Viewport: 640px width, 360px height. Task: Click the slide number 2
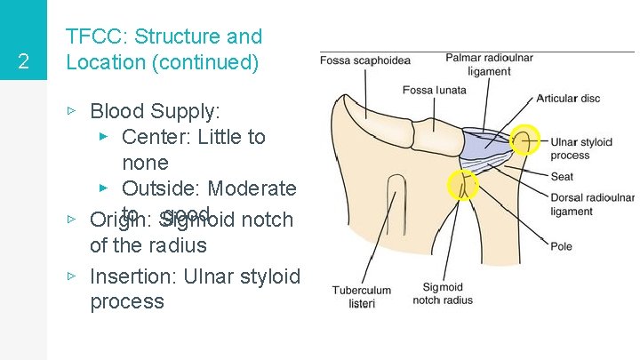point(24,62)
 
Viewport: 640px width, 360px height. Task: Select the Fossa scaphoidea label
point(365,60)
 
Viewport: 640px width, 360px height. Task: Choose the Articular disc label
point(568,98)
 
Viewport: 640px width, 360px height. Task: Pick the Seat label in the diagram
point(562,176)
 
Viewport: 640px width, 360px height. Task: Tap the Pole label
point(561,246)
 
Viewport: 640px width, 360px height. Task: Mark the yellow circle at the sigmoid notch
point(463,185)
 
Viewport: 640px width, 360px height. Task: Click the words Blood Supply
point(155,112)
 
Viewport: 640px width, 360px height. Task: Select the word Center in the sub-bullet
point(154,137)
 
